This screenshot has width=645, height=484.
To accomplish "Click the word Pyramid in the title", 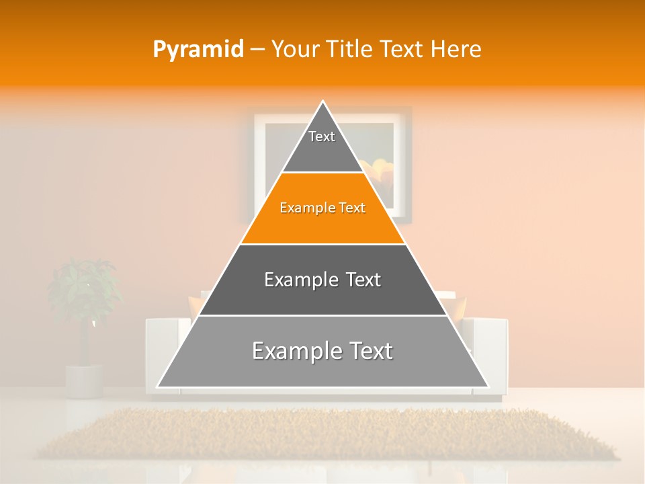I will tap(198, 50).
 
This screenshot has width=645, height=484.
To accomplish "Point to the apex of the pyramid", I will tap(322, 102).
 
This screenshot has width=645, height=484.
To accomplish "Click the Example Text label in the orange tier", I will tap(322, 208).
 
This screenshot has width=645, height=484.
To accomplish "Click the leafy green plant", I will tap(84, 289).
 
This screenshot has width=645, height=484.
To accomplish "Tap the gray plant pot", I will tap(84, 380).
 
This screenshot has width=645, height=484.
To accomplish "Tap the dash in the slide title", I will tap(257, 50).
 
